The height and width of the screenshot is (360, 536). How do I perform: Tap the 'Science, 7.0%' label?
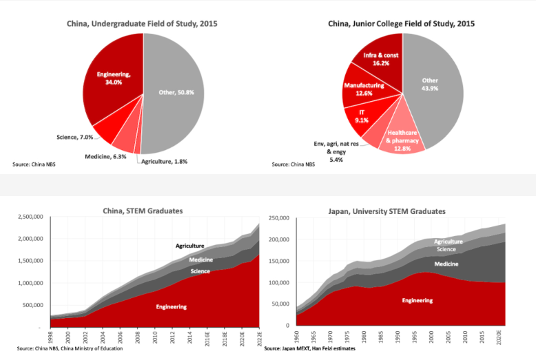tap(74, 138)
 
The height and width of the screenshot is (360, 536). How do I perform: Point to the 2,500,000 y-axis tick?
tap(25, 218)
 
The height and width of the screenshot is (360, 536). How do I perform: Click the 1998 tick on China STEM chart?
tap(52, 337)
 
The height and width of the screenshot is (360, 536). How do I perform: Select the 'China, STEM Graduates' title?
tap(143, 211)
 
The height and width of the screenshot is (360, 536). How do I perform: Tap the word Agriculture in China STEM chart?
tap(190, 246)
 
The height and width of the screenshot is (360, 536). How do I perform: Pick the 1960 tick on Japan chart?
tap(296, 337)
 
